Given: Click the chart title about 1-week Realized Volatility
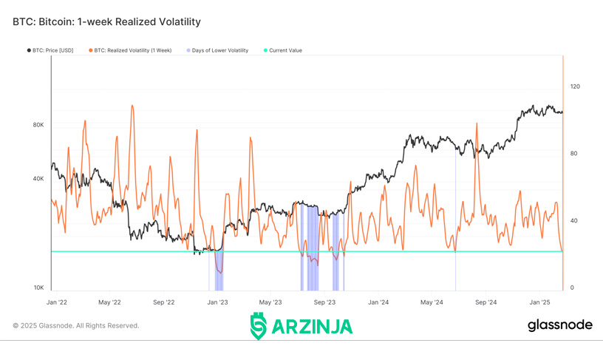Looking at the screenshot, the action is point(106,22).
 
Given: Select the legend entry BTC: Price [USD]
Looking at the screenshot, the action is point(50,50).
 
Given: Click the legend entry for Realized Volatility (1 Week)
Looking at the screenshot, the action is point(130,50).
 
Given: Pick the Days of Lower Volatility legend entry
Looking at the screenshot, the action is point(217,50).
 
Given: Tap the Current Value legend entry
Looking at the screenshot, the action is point(282,50).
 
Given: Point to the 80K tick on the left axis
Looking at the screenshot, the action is point(38,125).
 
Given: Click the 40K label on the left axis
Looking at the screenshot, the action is point(38,179).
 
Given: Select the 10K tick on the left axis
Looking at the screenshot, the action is point(38,288).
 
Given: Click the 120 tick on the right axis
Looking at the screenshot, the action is point(575,86).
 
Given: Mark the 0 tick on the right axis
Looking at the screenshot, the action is point(572,288).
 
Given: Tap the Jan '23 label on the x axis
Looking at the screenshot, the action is point(218,302).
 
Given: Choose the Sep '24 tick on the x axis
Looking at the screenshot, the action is point(486,302).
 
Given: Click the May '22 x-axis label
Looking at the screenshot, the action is point(109,302).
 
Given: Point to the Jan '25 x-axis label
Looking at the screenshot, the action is point(540,302).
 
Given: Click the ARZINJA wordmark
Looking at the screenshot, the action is point(312,327).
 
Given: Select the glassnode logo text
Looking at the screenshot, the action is point(560,325).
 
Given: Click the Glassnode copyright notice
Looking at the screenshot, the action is point(76,326).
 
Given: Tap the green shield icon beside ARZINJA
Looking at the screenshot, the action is point(259,326).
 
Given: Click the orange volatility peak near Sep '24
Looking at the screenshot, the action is point(477,124).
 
